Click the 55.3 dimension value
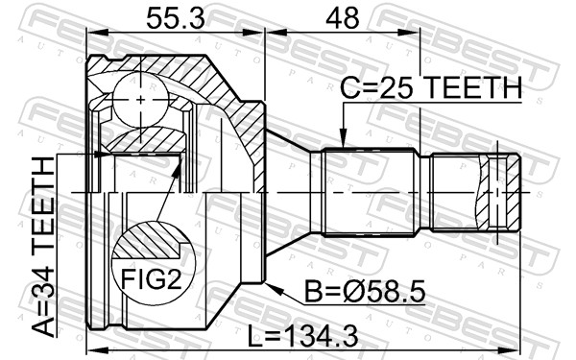(x=175, y=18)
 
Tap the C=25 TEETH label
(x=431, y=87)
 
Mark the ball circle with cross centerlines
(x=140, y=98)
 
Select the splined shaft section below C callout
(x=369, y=191)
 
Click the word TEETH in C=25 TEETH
(x=474, y=87)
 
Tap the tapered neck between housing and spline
(x=293, y=191)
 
